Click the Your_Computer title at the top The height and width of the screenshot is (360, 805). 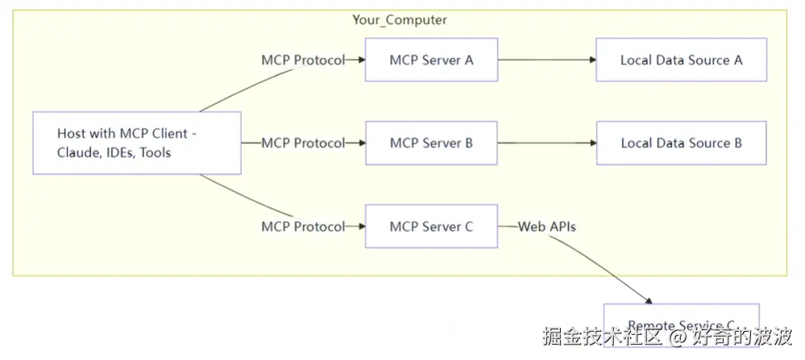(x=400, y=19)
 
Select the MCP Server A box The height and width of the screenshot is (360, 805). (x=431, y=60)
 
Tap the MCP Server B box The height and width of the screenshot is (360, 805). (x=431, y=143)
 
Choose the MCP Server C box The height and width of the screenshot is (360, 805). (x=431, y=227)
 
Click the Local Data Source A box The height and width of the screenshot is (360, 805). (x=681, y=60)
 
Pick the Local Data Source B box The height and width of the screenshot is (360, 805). (x=681, y=143)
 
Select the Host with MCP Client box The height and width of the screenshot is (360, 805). (x=137, y=143)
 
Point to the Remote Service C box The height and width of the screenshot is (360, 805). (x=681, y=322)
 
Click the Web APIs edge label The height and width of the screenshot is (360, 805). (x=546, y=227)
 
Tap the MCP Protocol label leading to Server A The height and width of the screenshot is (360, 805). (x=302, y=60)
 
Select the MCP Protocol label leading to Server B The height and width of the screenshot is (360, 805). (x=302, y=143)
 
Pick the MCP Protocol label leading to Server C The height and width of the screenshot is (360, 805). (x=302, y=227)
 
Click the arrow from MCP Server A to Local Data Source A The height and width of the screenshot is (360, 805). (x=546, y=60)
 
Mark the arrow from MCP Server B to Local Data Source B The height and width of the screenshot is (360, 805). (x=546, y=143)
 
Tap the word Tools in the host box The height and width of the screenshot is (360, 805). (x=155, y=153)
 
